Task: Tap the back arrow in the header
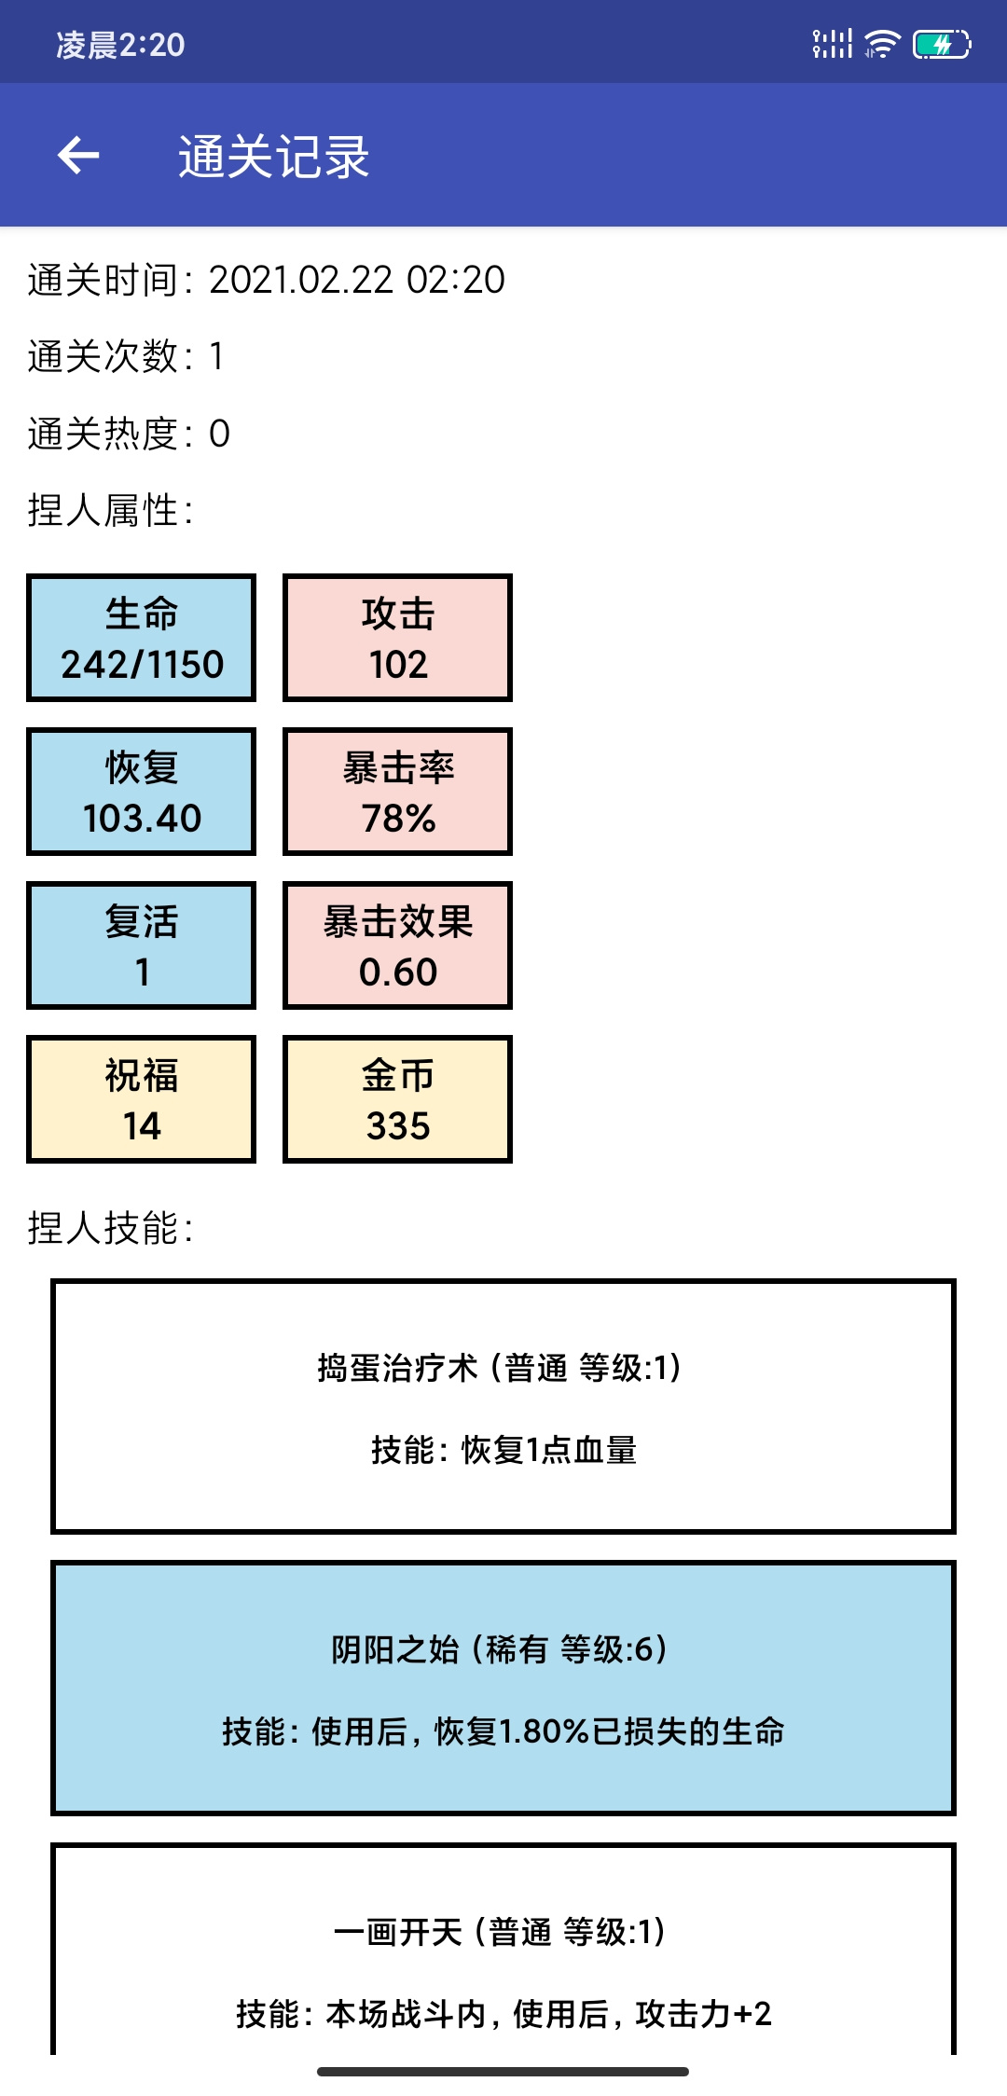(78, 155)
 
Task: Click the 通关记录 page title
(274, 157)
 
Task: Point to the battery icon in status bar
(942, 44)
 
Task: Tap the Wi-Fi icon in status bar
(881, 44)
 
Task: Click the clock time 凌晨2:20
(120, 45)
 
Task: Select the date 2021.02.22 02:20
(357, 280)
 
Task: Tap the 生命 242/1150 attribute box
(142, 638)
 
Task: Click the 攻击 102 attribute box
(398, 638)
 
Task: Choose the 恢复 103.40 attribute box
(142, 792)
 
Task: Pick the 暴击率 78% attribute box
(398, 792)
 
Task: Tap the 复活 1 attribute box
(142, 945)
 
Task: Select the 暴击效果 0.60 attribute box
(398, 945)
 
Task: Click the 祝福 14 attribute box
(142, 1099)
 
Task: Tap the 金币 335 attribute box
(398, 1099)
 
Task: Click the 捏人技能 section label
(111, 1228)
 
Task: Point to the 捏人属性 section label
(111, 510)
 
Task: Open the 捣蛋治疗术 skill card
(504, 1406)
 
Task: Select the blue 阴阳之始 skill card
(504, 1689)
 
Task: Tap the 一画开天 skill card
(504, 1949)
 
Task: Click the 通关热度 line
(129, 434)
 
